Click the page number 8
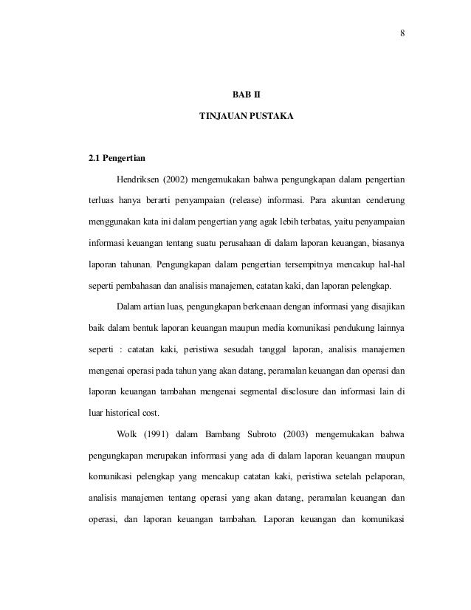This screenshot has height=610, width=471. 402,32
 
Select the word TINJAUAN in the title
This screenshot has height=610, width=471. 222,117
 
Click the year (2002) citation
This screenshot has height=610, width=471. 178,179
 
